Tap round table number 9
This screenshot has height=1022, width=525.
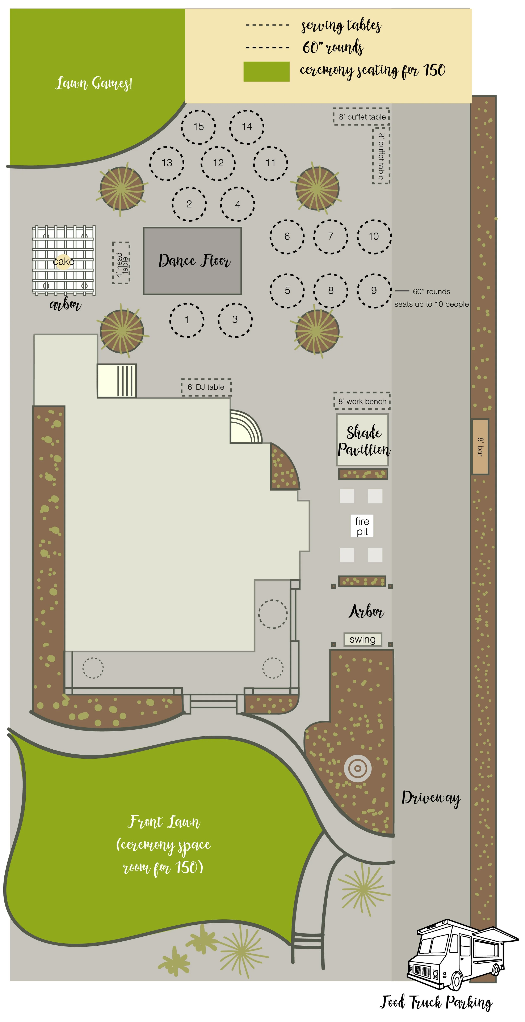(374, 290)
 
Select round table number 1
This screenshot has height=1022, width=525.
(187, 320)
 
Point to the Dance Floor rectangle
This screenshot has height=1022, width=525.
(193, 261)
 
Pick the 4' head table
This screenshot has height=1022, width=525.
(121, 263)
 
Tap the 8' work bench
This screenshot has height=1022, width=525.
(362, 401)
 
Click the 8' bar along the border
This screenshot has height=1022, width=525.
(480, 447)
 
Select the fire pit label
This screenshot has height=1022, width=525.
(362, 526)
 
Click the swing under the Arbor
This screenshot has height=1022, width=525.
(363, 639)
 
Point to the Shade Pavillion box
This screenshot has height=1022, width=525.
(363, 440)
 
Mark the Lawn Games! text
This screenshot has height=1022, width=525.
(94, 83)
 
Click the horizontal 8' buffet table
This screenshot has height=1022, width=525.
(361, 117)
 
